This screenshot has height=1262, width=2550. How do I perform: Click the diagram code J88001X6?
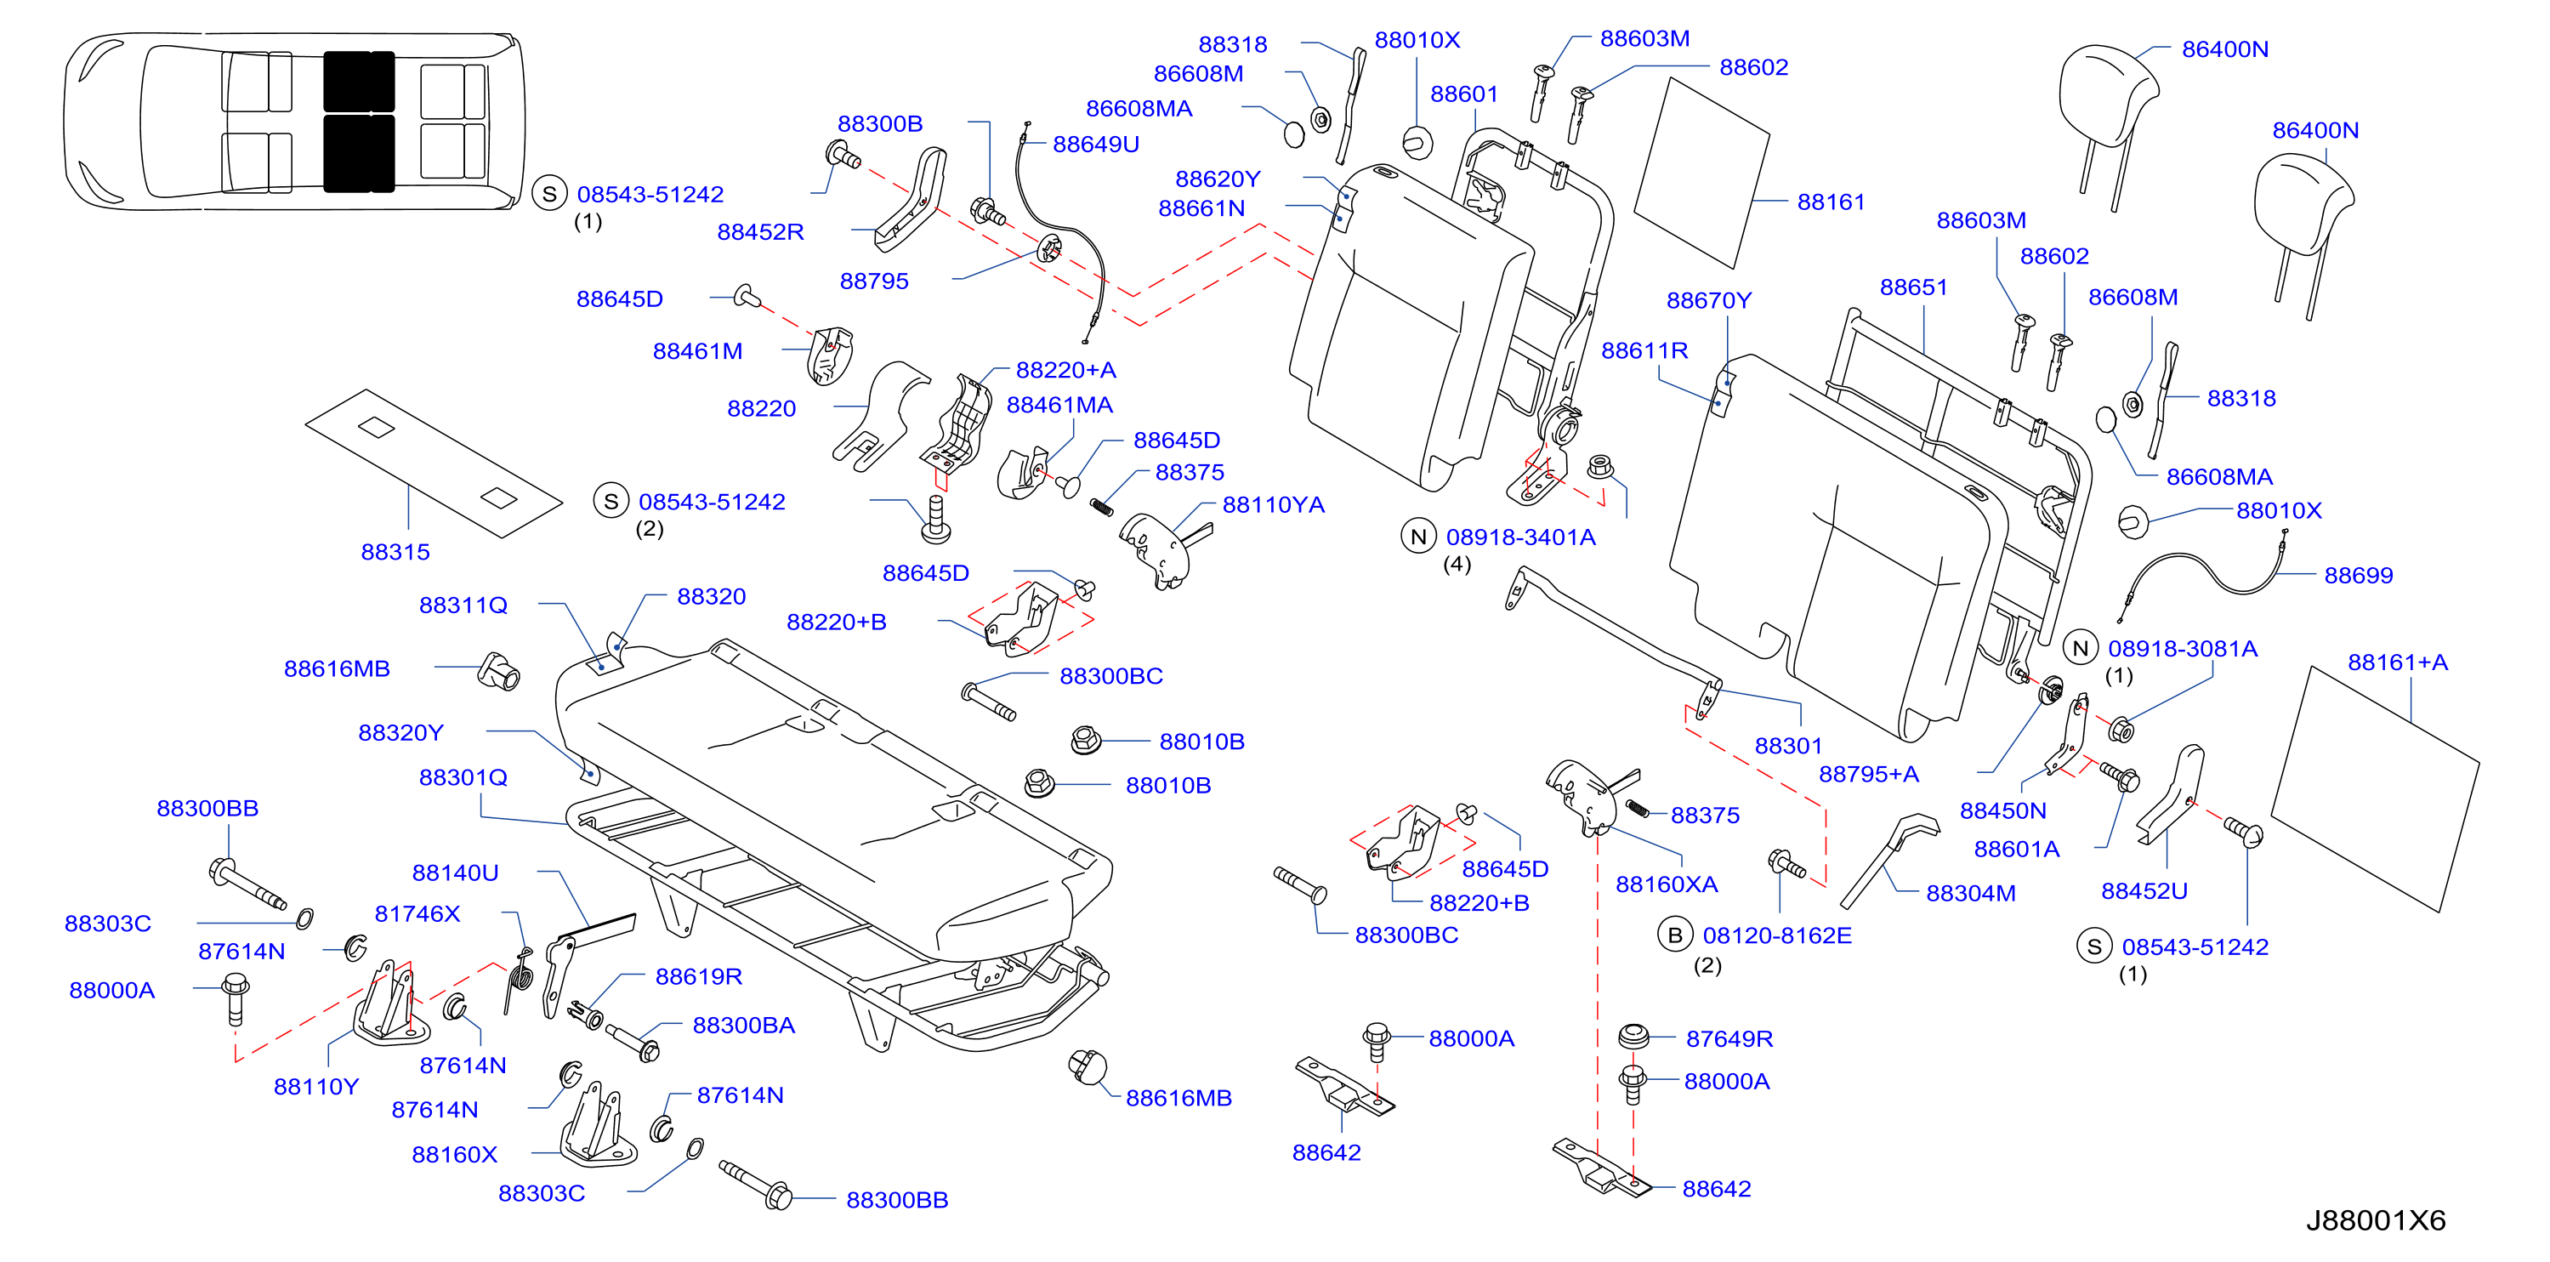click(2375, 1220)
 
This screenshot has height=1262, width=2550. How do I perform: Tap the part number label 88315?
click(395, 552)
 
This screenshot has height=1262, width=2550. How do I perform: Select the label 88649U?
click(1096, 145)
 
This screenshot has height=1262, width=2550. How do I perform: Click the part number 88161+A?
click(2398, 662)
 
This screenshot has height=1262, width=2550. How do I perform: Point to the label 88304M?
click(1970, 894)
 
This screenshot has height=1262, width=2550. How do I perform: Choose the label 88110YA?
click(1273, 505)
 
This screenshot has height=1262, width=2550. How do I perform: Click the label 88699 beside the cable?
click(2358, 576)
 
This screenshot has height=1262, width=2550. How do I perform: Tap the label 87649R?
click(1729, 1039)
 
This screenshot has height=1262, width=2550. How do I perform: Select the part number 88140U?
click(456, 873)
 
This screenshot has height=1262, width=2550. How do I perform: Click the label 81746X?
click(417, 913)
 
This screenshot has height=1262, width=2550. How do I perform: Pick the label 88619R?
click(698, 977)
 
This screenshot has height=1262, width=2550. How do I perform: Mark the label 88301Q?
click(463, 778)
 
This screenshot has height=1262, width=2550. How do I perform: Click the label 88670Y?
click(1708, 300)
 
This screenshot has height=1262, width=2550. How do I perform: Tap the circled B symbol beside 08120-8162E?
click(1675, 935)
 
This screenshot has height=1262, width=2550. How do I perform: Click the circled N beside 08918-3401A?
click(1417, 537)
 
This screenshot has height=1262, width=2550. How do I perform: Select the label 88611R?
click(1644, 350)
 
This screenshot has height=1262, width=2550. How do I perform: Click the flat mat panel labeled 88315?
click(434, 463)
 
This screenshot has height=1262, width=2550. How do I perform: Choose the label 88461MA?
click(1059, 405)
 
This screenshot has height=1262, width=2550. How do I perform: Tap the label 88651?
click(1912, 287)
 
